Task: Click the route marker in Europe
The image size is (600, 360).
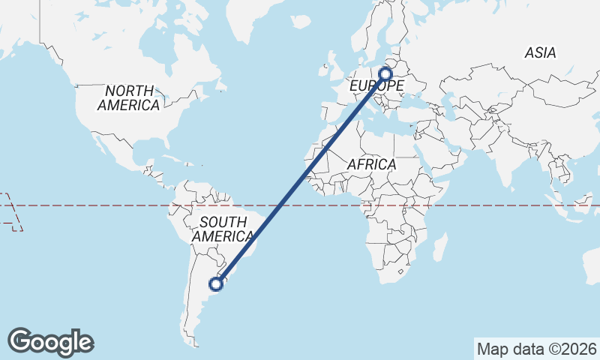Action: pos(385,73)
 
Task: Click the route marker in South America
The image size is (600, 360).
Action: pos(216,283)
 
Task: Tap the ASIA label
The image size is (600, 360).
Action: pos(540,53)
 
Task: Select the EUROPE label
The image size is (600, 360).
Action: pos(377,86)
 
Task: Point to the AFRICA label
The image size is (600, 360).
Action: pos(371,163)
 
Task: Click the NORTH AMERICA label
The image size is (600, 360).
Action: pos(128,98)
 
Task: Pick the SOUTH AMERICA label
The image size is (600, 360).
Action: pos(223,229)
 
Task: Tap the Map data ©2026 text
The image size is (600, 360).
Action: pos(537,349)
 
